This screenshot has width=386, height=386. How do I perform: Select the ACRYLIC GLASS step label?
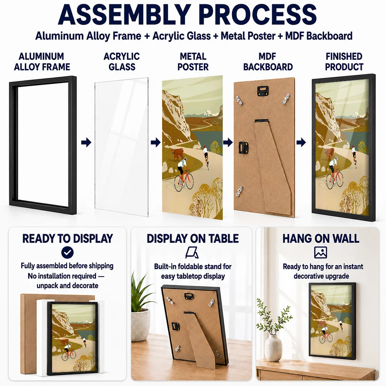click(x=122, y=61)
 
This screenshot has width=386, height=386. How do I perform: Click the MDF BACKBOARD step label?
click(x=268, y=61)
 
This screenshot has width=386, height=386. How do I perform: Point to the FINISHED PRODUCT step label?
click(x=344, y=61)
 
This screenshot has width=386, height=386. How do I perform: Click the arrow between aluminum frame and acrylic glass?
click(x=86, y=142)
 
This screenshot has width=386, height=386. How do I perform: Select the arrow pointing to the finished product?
click(x=301, y=142)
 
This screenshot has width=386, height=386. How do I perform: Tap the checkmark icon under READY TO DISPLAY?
click(x=68, y=252)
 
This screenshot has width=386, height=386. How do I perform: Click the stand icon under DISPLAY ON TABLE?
click(x=192, y=252)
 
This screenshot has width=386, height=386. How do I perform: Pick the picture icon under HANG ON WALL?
click(x=320, y=252)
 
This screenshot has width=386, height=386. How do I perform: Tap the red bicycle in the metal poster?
click(x=184, y=180)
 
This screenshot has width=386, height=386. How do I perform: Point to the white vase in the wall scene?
click(x=273, y=347)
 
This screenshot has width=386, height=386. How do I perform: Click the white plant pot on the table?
click(x=140, y=323)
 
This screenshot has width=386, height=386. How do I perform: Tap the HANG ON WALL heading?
click(x=321, y=238)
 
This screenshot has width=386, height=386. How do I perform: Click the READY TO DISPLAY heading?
click(x=68, y=238)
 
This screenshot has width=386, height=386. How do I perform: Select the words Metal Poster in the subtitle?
click(x=248, y=36)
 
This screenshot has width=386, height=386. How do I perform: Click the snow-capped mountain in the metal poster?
click(x=206, y=113)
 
